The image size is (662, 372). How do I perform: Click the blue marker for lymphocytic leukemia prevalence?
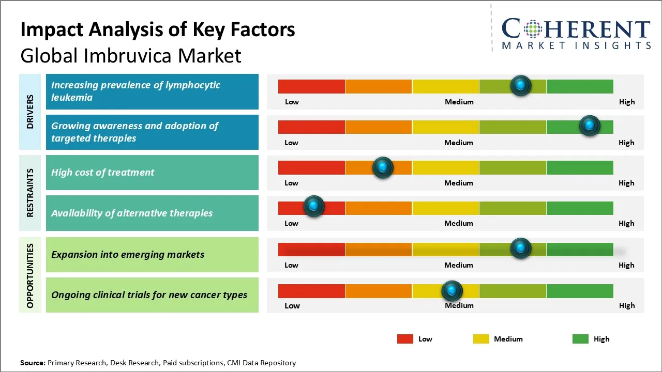point(521,85)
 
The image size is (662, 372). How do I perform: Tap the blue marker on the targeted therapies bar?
point(589,126)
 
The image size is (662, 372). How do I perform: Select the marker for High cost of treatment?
point(383,167)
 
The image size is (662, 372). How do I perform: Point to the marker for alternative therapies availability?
point(313,206)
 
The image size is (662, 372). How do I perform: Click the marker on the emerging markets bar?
point(521,249)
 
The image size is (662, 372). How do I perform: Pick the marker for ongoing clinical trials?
point(452,291)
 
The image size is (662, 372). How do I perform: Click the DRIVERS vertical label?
point(30,112)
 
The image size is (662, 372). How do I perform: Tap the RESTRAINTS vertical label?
point(30,193)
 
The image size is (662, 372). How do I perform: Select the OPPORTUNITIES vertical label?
point(30,275)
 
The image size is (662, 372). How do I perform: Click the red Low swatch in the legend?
point(405,339)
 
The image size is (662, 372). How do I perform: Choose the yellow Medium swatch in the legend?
point(481,339)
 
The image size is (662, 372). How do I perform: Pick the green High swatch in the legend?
point(580,339)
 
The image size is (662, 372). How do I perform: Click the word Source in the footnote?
point(33,363)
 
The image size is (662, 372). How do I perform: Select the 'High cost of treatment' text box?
point(152,173)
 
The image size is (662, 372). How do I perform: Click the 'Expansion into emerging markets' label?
point(128,254)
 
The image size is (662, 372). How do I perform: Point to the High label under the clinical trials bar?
point(627,305)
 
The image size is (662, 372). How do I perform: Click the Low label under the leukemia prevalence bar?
point(292,102)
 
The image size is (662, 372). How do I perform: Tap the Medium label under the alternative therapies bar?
point(459,223)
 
